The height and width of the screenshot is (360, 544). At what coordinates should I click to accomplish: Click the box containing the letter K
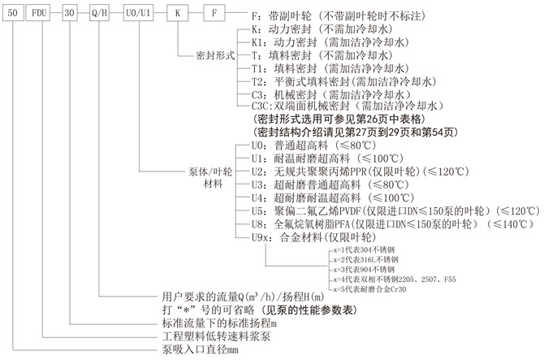coord(179,14)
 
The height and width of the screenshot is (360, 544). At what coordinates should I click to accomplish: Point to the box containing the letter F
coord(214,14)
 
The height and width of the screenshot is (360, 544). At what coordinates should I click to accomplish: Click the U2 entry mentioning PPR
coord(356,172)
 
